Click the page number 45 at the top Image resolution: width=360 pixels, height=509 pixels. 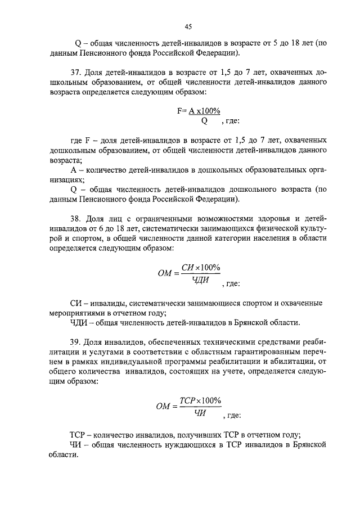pos(188,26)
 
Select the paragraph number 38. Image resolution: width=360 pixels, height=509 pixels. pos(76,218)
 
